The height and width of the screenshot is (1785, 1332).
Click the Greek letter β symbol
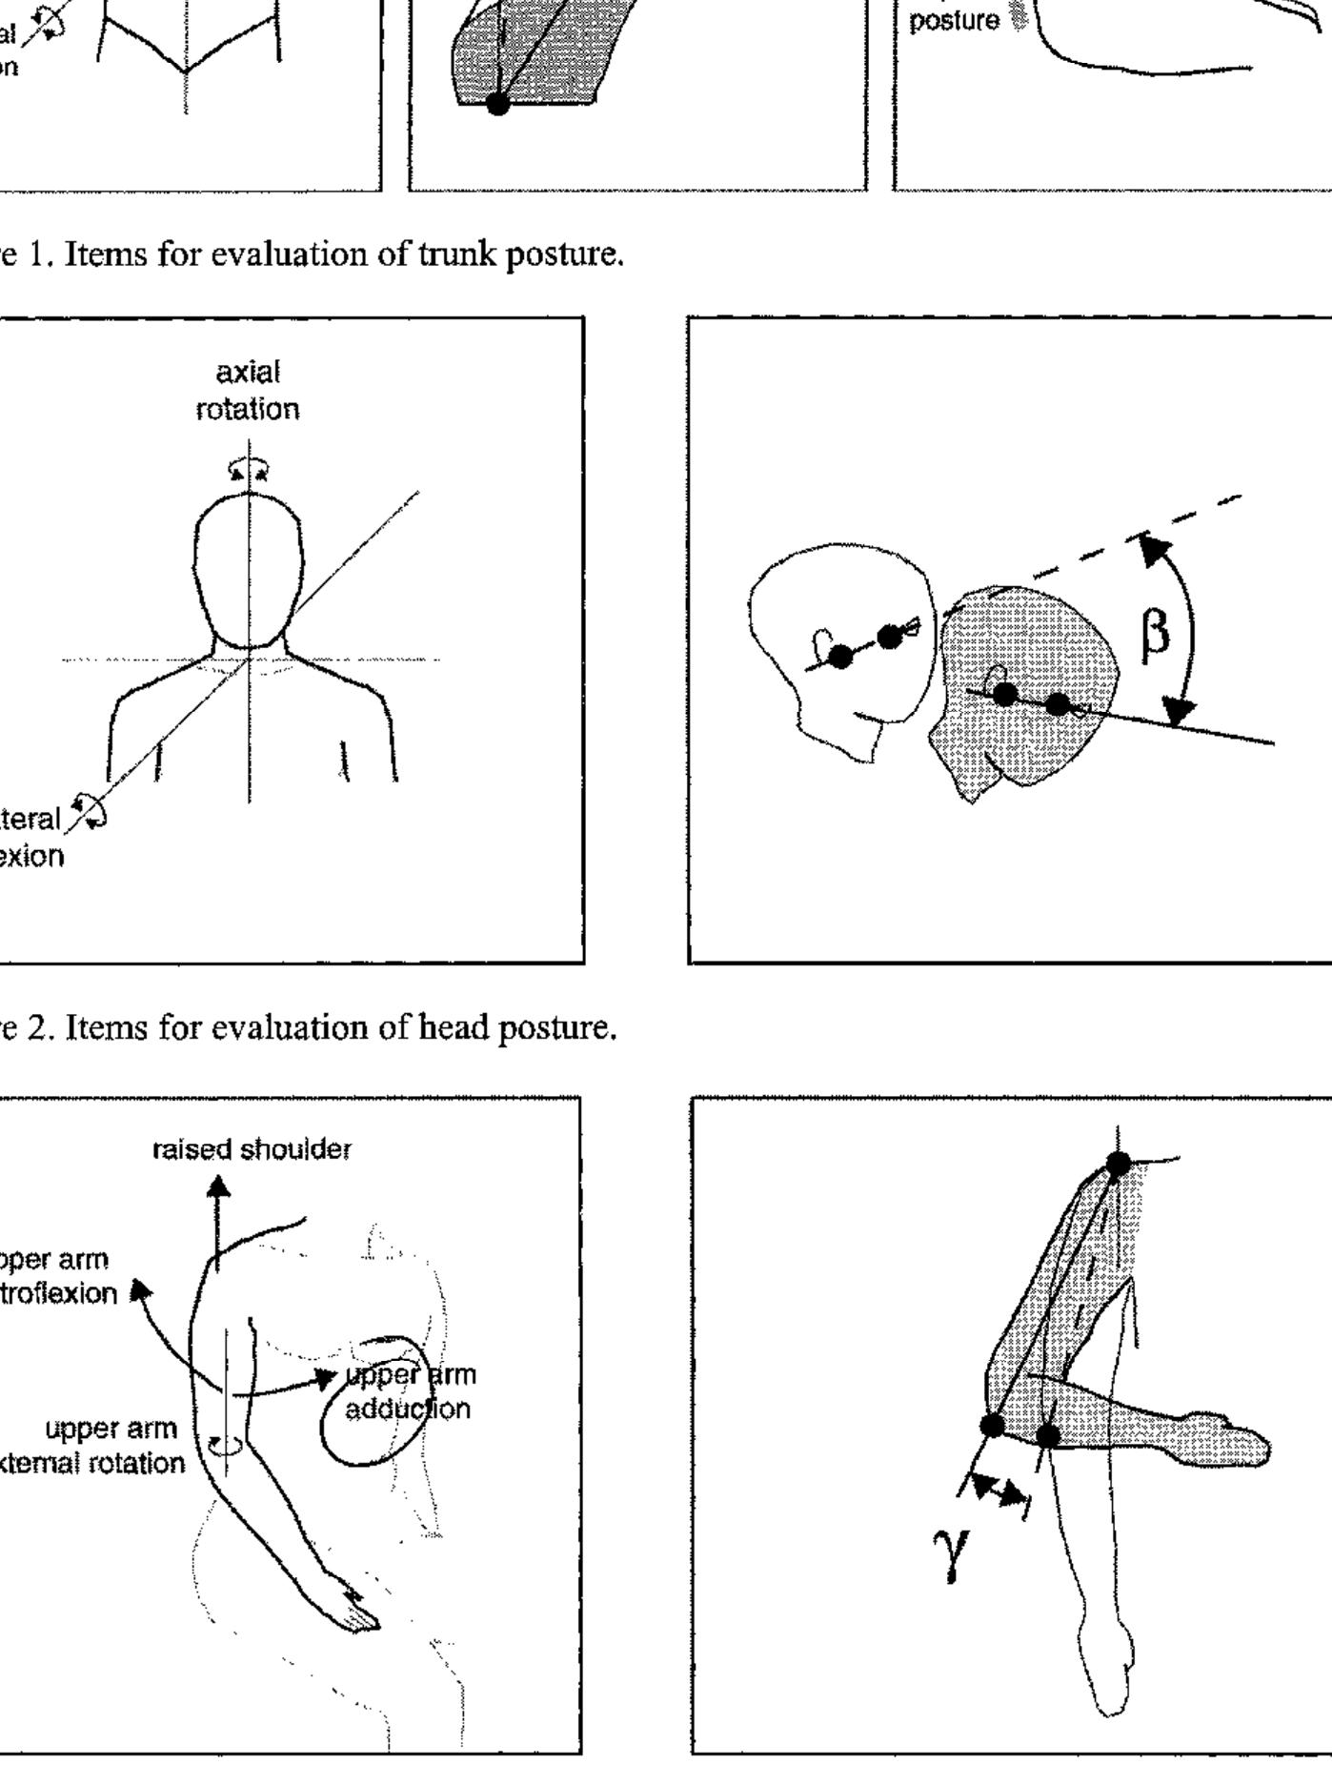click(x=1155, y=633)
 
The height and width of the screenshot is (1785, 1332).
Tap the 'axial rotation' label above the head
click(x=248, y=391)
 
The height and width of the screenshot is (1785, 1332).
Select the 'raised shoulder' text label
click(x=252, y=1149)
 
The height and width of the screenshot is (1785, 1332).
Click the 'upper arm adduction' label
click(x=410, y=1391)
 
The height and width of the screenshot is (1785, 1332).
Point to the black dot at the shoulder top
click(x=1119, y=1164)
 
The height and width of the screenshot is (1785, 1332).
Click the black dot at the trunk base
click(x=497, y=103)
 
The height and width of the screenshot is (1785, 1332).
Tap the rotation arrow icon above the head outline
click(x=249, y=470)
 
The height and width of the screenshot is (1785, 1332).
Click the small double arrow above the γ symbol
click(x=995, y=1491)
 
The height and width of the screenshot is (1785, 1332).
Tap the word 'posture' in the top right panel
click(x=954, y=21)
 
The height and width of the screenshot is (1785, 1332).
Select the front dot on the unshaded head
click(x=890, y=637)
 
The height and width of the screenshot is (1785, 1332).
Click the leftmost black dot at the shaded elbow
click(x=992, y=1426)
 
